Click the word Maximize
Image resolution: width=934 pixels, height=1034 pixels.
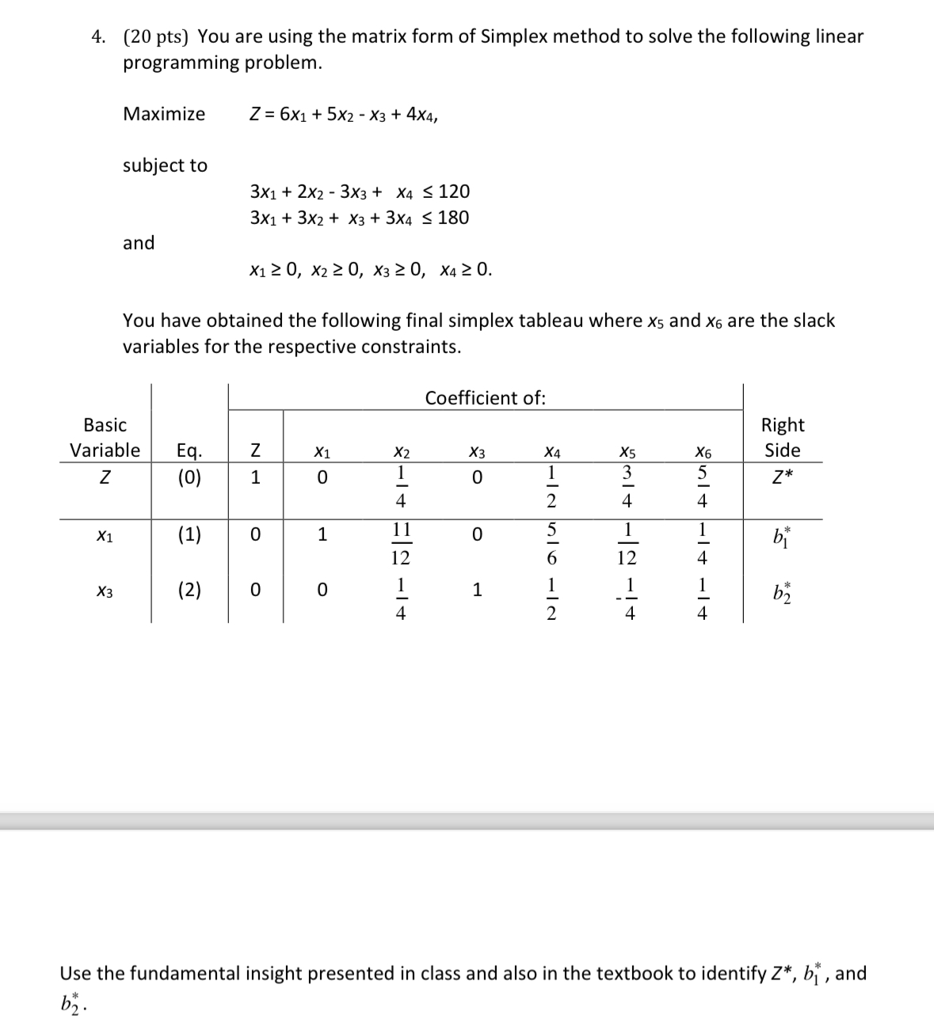(x=164, y=114)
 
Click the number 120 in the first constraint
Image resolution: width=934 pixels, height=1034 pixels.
(x=454, y=192)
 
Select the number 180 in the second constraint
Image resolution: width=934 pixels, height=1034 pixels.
(x=453, y=218)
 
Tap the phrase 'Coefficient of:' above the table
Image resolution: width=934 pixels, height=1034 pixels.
(x=485, y=398)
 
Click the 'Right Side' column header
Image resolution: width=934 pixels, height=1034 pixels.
(x=782, y=438)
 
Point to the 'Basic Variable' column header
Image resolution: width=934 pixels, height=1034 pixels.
(x=105, y=438)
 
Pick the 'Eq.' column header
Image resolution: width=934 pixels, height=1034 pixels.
(x=189, y=451)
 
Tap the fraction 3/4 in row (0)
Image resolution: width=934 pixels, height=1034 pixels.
(x=627, y=487)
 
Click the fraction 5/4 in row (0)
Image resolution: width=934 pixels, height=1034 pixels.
(x=701, y=487)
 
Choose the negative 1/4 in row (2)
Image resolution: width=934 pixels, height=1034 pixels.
(x=627, y=599)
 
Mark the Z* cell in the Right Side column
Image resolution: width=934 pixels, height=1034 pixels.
(x=782, y=479)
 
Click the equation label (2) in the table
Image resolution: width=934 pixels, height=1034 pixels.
(x=189, y=590)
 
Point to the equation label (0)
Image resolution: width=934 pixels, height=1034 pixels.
(x=189, y=478)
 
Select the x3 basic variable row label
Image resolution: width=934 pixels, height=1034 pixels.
(x=105, y=591)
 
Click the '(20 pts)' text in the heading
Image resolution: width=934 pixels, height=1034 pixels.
(x=155, y=36)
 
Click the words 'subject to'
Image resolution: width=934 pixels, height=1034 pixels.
(x=165, y=165)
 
